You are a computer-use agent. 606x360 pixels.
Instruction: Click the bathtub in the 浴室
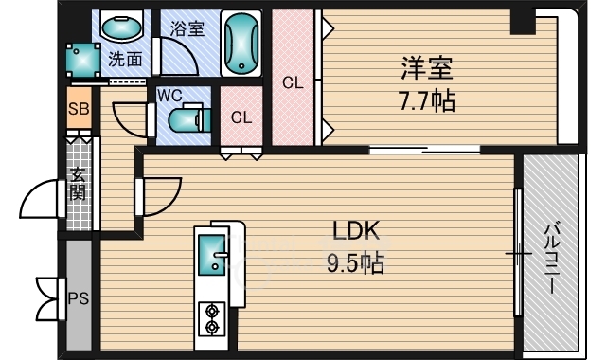tap(241, 44)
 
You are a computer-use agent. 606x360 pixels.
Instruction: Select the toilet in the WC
tap(189, 118)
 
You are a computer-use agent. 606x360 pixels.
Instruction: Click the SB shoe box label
tap(79, 109)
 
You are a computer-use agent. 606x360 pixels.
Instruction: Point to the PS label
tap(79, 298)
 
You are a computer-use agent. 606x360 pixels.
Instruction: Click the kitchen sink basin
tap(211, 255)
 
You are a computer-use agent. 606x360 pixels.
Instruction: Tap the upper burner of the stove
tap(212, 311)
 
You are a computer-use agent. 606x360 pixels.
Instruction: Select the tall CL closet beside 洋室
tap(293, 78)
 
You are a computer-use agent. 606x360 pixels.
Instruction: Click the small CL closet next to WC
tap(241, 116)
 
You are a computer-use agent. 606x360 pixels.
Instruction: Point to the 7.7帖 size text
tap(427, 100)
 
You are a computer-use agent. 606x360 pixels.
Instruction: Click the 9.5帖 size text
tap(356, 263)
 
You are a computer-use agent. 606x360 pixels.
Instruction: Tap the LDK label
tap(356, 230)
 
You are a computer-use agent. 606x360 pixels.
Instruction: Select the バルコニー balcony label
tap(551, 259)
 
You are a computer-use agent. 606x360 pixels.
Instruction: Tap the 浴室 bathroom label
tap(187, 28)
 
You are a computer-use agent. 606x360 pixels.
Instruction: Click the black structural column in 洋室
tap(523, 22)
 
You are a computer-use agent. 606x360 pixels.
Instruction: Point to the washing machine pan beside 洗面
tap(83, 60)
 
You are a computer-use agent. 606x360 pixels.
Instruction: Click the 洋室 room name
tap(427, 68)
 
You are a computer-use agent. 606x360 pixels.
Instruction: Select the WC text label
tap(169, 95)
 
